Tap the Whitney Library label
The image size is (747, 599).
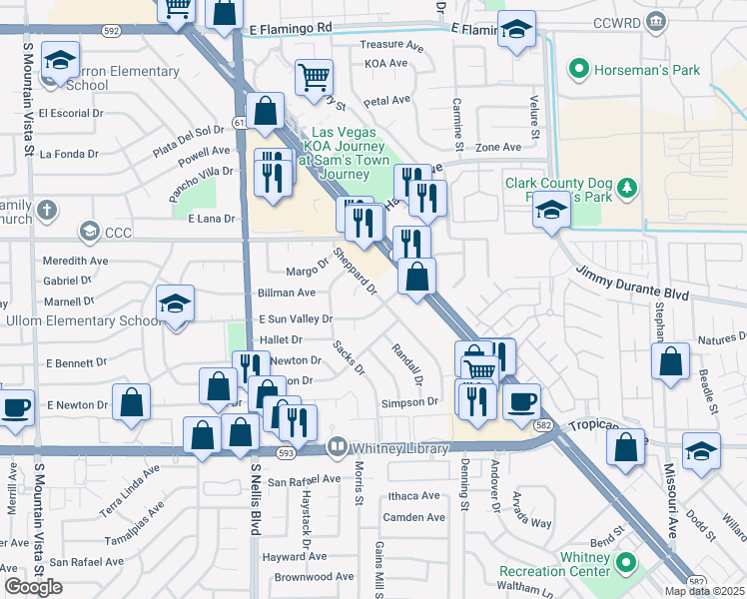pyautogui.click(x=399, y=449)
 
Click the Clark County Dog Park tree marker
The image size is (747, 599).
pyautogui.click(x=626, y=188)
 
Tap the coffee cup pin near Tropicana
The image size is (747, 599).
pyautogui.click(x=521, y=401)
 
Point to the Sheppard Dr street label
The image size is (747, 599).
pyautogui.click(x=355, y=273)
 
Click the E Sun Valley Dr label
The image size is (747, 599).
pyautogui.click(x=295, y=318)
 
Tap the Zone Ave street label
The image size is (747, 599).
pyautogui.click(x=498, y=147)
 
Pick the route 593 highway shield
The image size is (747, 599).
pyautogui.click(x=286, y=453)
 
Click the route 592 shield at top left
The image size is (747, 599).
pyautogui.click(x=110, y=32)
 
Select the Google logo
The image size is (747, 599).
pyautogui.click(x=33, y=587)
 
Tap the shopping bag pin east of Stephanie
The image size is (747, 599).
pyautogui.click(x=671, y=360)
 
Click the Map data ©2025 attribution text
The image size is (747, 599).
pyautogui.click(x=704, y=591)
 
